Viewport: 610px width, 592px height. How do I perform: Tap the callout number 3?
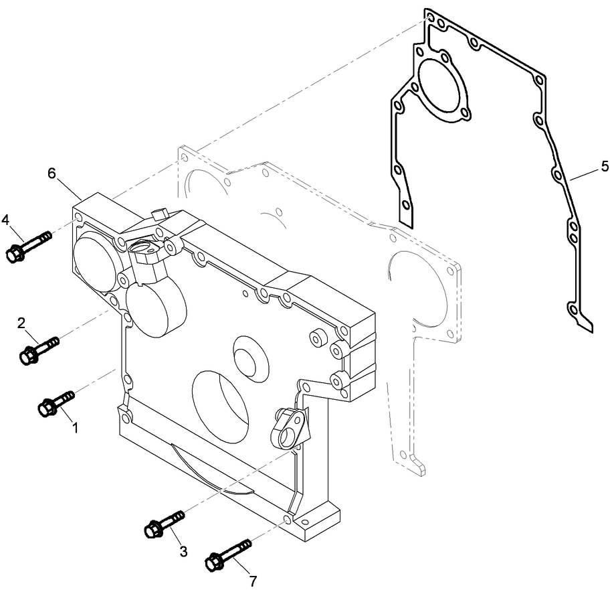coord(183,551)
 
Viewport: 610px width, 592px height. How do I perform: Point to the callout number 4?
coord(5,220)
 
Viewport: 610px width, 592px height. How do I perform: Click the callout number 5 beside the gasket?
coord(605,165)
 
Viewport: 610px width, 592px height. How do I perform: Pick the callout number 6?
coord(52,173)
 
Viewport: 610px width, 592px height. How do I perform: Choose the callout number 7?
coord(253,581)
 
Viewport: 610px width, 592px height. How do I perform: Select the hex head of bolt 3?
coord(152,530)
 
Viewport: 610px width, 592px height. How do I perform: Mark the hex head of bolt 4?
coord(14,254)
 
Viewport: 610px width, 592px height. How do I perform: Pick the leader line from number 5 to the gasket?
coord(584,172)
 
